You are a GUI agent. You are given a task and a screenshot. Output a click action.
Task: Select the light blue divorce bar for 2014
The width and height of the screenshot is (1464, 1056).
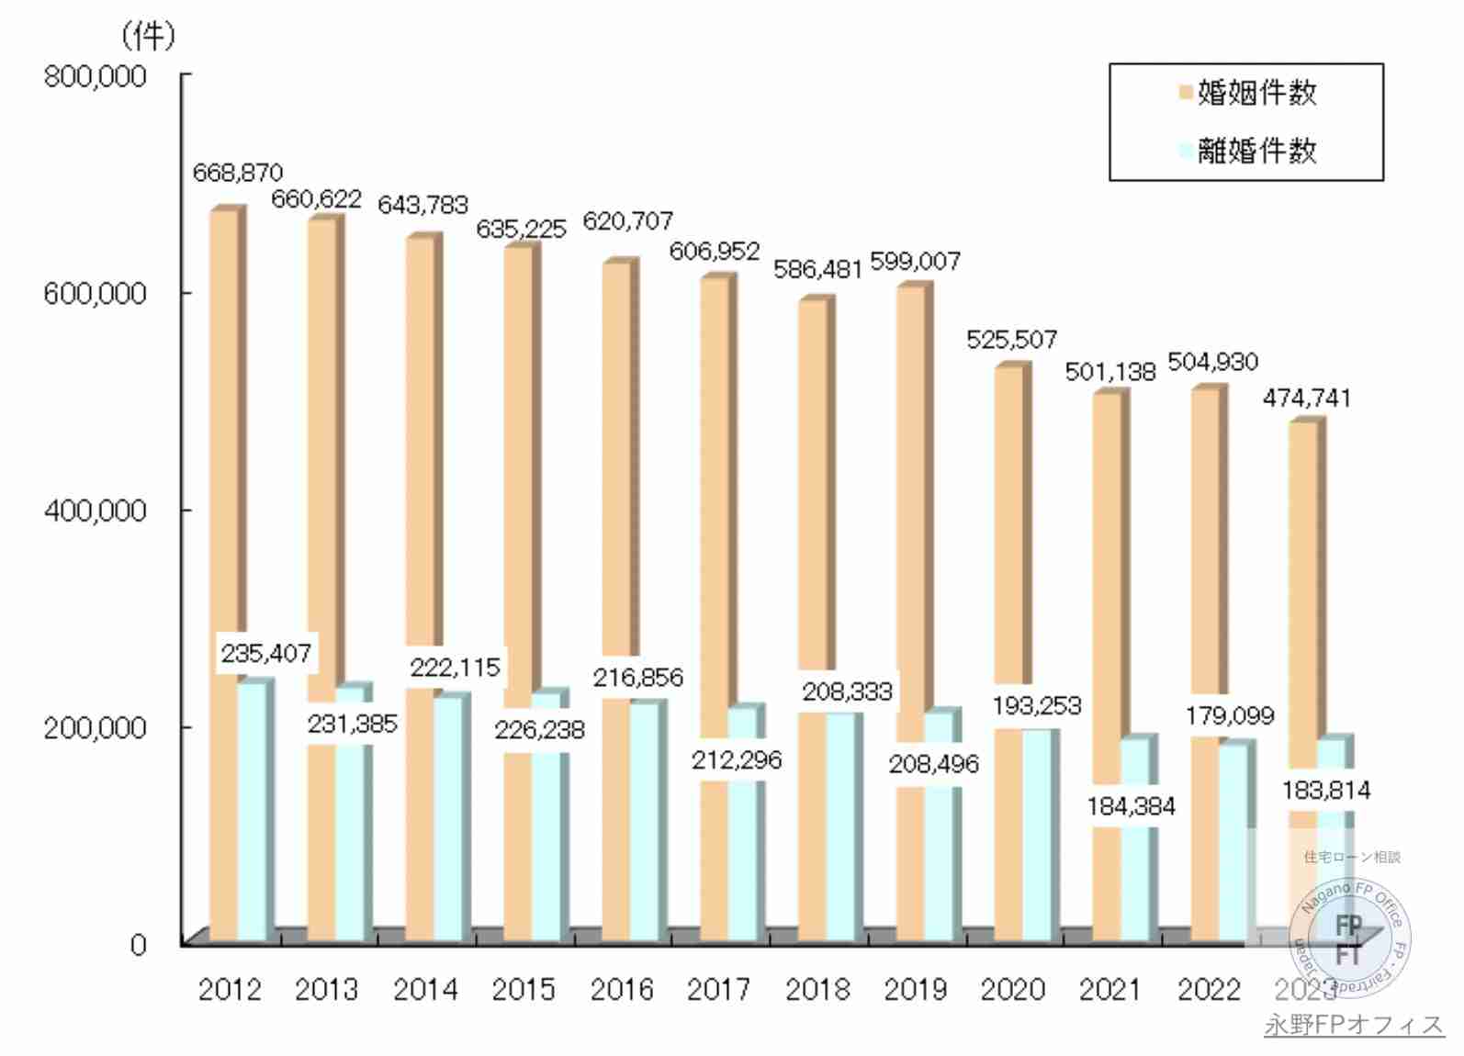click(x=447, y=817)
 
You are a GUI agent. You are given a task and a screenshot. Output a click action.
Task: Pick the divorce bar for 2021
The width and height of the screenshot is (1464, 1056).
click(x=1134, y=882)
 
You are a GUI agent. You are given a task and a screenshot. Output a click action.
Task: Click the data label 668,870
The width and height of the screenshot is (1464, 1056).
click(x=238, y=173)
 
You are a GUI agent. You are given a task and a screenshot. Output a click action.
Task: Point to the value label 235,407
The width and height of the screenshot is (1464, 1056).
click(x=266, y=654)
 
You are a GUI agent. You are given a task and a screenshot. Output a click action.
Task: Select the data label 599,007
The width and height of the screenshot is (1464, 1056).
click(x=915, y=262)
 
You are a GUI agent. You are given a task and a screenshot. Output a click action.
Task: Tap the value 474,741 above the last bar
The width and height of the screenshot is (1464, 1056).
click(x=1306, y=399)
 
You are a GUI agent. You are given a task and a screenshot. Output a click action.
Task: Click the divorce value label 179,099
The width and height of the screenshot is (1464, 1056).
click(x=1230, y=716)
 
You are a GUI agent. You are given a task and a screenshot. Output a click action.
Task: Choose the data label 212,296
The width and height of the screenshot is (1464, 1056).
click(x=737, y=760)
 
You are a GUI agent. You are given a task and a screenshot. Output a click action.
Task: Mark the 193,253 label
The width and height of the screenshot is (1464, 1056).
click(x=1037, y=706)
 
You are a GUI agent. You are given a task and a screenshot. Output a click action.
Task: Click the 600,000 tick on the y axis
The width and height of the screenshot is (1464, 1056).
click(x=96, y=294)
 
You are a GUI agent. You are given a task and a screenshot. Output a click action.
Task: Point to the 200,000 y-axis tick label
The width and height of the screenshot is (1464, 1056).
click(x=96, y=727)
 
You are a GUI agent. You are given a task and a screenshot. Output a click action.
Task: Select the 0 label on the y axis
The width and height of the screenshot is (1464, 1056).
click(x=138, y=945)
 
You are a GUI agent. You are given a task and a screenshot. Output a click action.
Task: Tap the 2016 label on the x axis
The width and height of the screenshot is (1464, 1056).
click(x=622, y=990)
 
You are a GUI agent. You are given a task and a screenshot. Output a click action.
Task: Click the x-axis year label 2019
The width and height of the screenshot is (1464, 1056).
click(x=916, y=990)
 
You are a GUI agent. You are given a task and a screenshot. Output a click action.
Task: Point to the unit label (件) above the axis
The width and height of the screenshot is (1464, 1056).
click(x=147, y=37)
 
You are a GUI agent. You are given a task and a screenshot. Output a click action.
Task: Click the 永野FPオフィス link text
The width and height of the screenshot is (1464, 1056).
click(x=1354, y=1025)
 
